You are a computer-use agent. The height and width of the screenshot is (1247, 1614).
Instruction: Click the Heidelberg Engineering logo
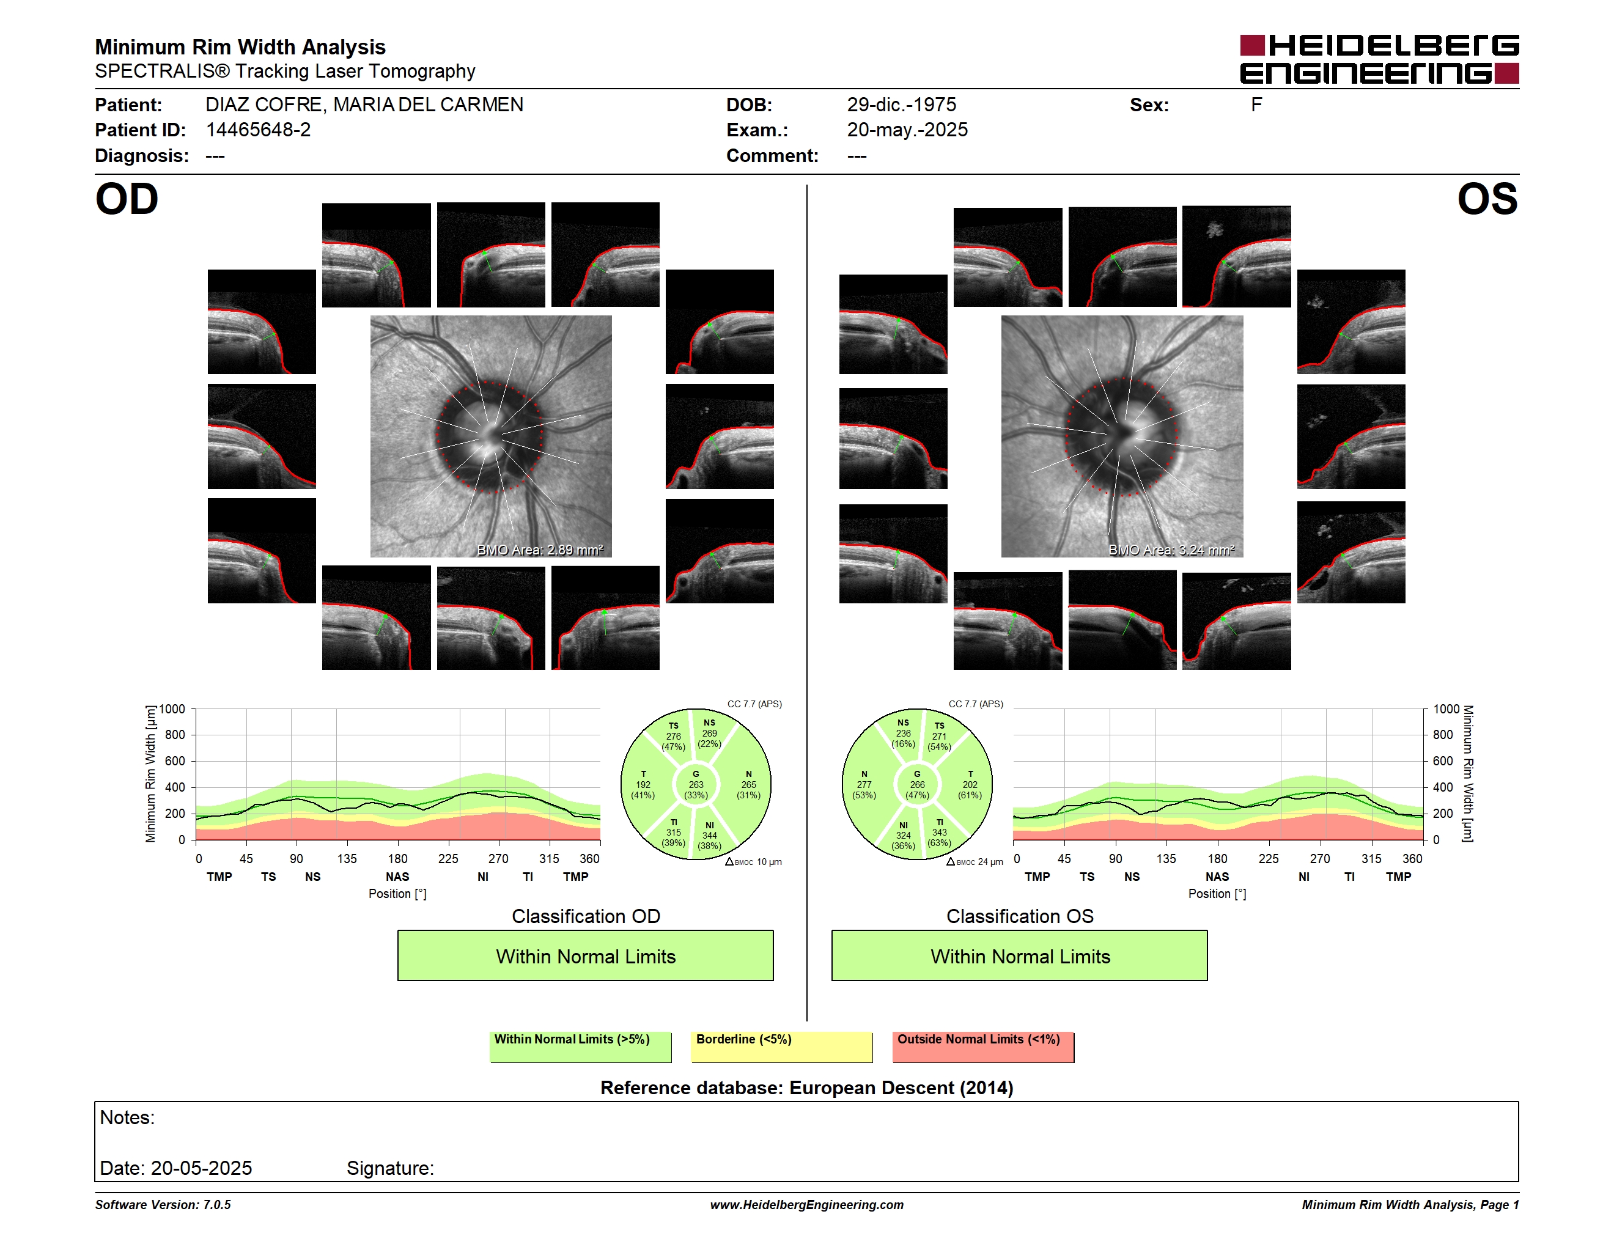(1379, 59)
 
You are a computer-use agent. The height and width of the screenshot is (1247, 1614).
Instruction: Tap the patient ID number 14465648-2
(258, 130)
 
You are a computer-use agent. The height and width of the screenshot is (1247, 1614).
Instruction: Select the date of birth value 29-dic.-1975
(901, 105)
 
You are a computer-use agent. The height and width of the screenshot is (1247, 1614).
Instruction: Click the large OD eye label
(127, 199)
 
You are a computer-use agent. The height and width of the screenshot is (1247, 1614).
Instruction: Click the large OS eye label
(1487, 199)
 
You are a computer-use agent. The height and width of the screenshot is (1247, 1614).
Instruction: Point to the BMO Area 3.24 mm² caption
(1171, 550)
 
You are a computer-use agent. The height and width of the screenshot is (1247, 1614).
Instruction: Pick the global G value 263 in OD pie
(695, 784)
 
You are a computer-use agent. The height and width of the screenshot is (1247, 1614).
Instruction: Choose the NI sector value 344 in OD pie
(709, 836)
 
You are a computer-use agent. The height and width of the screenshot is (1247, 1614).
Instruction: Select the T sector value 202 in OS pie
(970, 784)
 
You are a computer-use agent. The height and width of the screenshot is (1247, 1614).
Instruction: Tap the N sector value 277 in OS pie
(864, 784)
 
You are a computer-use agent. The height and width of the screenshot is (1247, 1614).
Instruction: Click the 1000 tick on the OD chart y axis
(172, 709)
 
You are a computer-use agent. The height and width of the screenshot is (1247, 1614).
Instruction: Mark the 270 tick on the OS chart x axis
(1320, 858)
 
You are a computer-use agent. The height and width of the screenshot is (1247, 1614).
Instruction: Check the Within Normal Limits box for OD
(585, 955)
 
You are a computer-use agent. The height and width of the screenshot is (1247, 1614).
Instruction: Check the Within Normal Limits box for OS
(1020, 955)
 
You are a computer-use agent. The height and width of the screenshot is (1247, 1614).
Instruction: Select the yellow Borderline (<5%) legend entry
(782, 1047)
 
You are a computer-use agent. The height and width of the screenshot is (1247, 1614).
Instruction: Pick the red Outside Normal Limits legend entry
(983, 1047)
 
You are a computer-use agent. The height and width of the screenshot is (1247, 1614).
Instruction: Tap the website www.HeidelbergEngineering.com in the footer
(807, 1205)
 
